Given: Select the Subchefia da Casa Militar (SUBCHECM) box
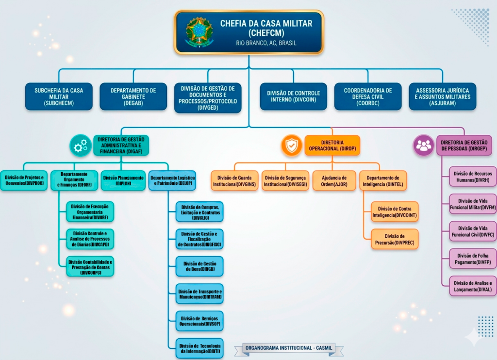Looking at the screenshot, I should pos(59,97).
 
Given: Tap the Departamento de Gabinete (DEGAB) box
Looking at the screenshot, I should pos(133,97).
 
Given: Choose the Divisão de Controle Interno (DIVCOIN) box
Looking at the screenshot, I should pos(293,97).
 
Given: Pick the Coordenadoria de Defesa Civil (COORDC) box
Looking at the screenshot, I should pos(368,97).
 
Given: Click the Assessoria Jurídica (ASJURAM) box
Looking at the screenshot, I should pos(442,97).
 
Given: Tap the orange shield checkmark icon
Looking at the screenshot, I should pos(291,145).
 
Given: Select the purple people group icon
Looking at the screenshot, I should pos(424,145).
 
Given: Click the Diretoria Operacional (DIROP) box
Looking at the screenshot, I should pos(332,145).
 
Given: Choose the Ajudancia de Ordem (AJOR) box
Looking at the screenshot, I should pos(334,181).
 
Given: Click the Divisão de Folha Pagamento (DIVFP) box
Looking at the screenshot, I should pos(469,259).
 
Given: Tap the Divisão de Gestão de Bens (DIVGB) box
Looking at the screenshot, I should pos(199,266).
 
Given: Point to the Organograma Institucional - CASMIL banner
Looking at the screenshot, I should pos(292,348).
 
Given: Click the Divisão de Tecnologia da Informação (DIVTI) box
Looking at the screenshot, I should pos(199,348).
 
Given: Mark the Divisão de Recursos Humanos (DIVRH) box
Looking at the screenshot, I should pos(469,177).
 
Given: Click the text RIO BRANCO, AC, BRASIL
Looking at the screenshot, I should pos(266,43).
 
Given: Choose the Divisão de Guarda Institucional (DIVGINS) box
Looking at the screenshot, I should pos(234,181).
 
